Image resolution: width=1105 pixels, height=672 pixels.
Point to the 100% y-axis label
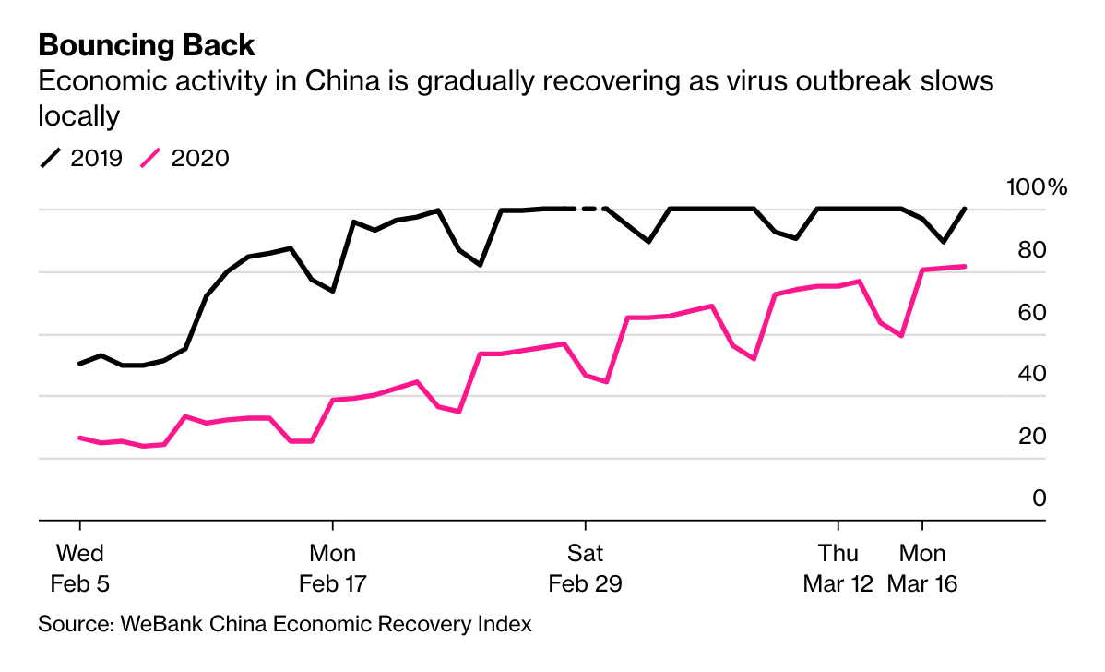(x=1036, y=188)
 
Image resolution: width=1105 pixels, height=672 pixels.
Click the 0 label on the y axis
(x=1040, y=498)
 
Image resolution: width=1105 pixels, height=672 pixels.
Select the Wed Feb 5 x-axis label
(x=80, y=569)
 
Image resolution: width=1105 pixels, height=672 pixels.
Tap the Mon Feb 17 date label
(x=332, y=569)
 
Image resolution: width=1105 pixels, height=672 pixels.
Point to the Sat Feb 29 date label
(x=585, y=569)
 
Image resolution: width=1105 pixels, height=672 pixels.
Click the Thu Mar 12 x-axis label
(x=838, y=569)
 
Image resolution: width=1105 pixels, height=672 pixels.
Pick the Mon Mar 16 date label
(x=922, y=569)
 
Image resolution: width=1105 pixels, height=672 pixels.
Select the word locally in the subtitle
(x=79, y=116)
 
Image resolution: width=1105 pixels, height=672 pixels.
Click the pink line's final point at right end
(x=964, y=267)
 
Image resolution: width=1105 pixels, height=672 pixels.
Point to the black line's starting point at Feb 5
(x=80, y=364)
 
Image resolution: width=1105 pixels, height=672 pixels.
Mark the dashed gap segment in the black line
(x=590, y=209)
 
